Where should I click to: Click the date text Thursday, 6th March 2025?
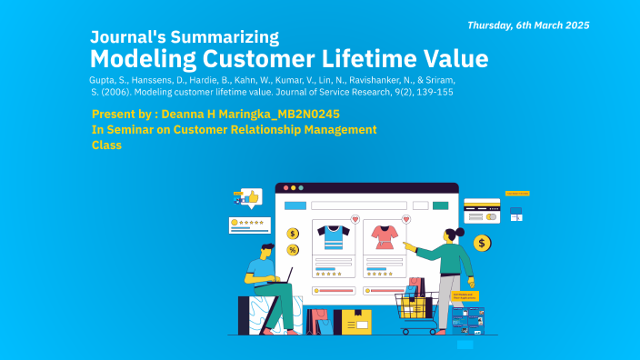528,25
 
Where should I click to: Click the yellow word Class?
106,145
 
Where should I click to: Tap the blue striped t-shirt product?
334,237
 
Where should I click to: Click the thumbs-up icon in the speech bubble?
252,196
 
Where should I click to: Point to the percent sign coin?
293,249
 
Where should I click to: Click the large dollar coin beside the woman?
482,243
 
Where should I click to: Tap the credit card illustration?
481,210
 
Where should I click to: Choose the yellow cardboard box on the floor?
355,321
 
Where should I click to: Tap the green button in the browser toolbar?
301,187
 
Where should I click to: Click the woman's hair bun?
460,232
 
